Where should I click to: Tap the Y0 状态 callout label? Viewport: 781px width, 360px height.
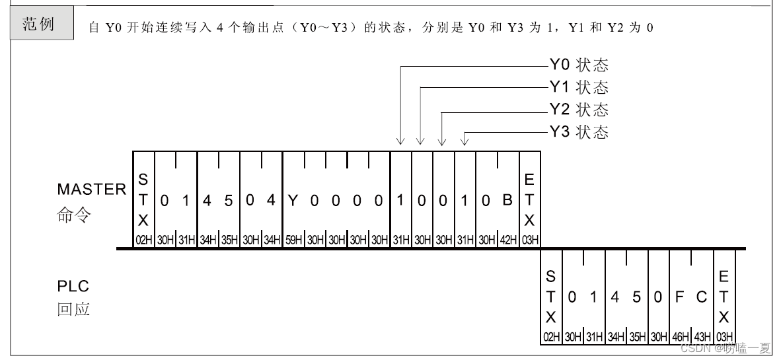point(579,65)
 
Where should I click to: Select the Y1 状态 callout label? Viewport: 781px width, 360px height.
point(579,87)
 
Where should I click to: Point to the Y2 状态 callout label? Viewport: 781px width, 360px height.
point(579,109)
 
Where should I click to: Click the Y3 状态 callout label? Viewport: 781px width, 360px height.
point(579,131)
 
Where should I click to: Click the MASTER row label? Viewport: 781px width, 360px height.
point(91,190)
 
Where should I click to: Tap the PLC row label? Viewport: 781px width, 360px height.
point(73,287)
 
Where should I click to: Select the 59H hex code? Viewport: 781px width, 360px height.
point(293,240)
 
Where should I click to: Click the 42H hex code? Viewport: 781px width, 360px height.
point(507,240)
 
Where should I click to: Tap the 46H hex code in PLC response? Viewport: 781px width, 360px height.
point(681,337)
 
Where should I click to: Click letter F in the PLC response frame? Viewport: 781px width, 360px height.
point(679,297)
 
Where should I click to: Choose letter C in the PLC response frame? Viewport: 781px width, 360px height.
point(702,297)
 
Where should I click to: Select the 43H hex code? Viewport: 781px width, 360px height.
point(702,337)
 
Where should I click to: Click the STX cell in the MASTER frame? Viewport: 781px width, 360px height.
point(143,199)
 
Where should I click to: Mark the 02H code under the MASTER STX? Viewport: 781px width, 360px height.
point(143,240)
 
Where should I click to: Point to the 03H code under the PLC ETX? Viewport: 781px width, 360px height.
point(724,337)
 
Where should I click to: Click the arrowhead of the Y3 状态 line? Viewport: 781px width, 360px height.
point(465,141)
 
